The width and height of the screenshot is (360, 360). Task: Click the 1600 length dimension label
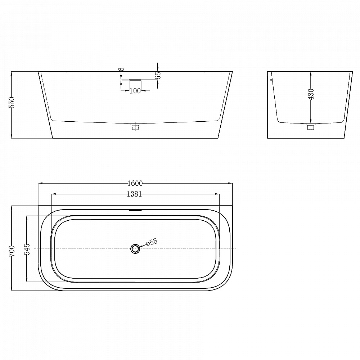[x=135, y=183]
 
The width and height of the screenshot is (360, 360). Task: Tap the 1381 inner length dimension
[x=135, y=194]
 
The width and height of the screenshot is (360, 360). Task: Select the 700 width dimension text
[x=12, y=251]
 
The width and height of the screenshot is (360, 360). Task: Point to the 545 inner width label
[x=27, y=249]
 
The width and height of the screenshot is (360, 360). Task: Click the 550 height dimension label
[x=12, y=102]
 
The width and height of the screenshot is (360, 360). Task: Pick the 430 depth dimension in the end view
[x=311, y=94]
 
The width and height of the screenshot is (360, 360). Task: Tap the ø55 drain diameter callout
[x=152, y=242]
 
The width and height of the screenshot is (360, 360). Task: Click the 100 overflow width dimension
[x=135, y=91]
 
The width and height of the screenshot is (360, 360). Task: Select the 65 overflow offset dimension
[x=158, y=76]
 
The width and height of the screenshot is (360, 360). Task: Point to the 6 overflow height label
[x=122, y=69]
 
